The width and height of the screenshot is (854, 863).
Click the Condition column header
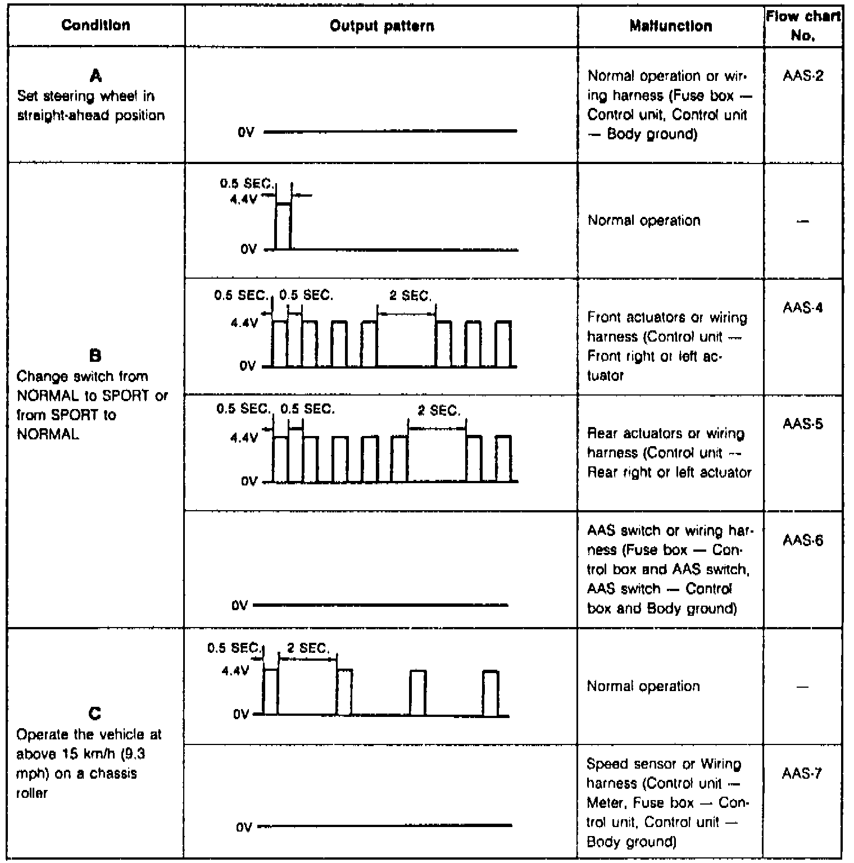click(96, 25)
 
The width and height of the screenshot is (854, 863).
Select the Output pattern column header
click(381, 26)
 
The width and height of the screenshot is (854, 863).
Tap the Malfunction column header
click(670, 26)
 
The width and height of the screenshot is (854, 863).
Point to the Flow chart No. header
click(803, 26)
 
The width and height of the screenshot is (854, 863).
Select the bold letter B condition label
click(96, 355)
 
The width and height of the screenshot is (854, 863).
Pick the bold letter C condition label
click(96, 714)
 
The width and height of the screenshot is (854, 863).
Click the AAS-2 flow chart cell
click(803, 76)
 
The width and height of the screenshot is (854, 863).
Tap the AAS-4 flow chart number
click(803, 308)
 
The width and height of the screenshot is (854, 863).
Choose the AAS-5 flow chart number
click(803, 424)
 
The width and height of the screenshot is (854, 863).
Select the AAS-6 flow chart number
click(803, 540)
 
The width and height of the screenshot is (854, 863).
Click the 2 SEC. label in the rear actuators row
click(439, 411)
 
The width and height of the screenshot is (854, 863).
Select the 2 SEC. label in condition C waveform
click(308, 648)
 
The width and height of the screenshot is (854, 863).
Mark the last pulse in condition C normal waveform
click(490, 693)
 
